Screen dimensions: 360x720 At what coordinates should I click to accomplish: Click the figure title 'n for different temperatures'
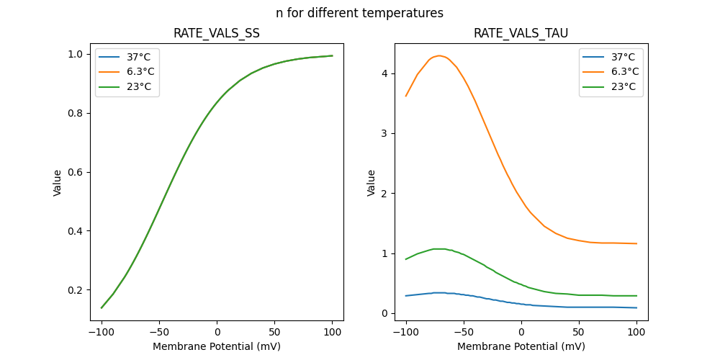[359, 13]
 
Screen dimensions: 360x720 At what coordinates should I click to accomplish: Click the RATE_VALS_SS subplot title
[217, 34]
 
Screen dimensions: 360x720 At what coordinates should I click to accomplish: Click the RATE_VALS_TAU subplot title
[521, 34]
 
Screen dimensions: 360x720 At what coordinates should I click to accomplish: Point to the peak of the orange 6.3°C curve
[438, 55]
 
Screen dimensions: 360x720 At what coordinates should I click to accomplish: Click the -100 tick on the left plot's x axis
[102, 333]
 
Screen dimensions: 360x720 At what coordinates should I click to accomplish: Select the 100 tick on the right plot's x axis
[636, 333]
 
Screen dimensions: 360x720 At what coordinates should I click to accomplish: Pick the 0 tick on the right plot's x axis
[521, 333]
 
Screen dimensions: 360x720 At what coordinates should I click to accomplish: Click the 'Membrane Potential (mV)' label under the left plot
[217, 346]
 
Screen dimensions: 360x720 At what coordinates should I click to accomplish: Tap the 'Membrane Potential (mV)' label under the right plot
[521, 346]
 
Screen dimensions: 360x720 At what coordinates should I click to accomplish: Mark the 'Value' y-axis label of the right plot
[372, 183]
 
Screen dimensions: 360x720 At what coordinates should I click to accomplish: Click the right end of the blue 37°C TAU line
[636, 307]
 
